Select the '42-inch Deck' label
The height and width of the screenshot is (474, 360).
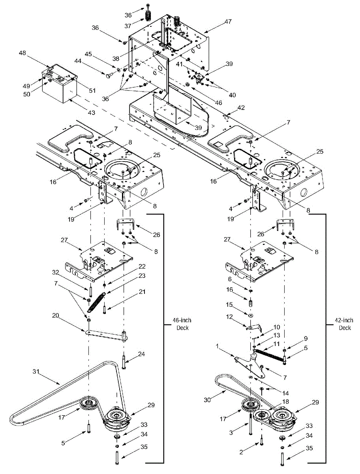click(x=344, y=324)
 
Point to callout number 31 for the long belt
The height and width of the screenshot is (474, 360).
click(x=36, y=372)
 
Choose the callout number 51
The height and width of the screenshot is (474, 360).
click(x=92, y=90)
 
